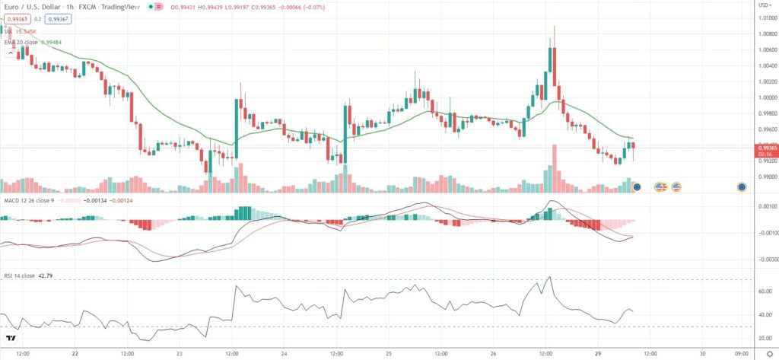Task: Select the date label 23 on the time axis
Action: [x=179, y=353]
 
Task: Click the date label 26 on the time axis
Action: [x=494, y=353]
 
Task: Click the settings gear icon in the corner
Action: [x=768, y=354]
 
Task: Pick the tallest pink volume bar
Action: [x=555, y=167]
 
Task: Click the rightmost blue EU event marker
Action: [x=742, y=186]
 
